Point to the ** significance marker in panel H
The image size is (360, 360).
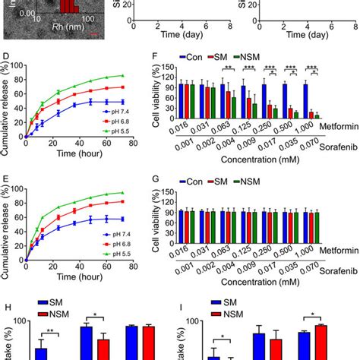(x=47, y=332)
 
